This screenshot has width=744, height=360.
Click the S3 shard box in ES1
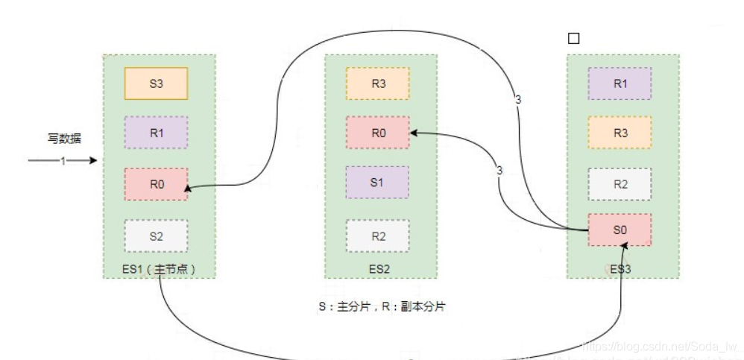point(156,83)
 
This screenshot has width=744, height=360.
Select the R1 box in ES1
point(156,133)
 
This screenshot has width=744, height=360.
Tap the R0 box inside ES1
point(156,184)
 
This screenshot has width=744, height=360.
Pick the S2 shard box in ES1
point(156,236)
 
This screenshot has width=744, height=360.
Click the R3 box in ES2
point(378,83)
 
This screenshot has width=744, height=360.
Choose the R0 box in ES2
point(378,133)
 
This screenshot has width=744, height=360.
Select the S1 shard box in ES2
point(378,182)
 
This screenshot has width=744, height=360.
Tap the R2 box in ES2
point(378,236)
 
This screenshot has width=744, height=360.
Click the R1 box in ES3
point(620,83)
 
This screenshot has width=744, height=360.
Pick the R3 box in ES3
point(620,133)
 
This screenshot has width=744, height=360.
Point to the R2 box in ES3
point(620,184)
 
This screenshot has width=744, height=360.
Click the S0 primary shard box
point(620,230)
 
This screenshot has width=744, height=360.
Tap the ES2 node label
point(378,269)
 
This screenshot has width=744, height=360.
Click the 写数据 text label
point(64,139)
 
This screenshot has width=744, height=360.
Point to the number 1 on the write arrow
point(63,160)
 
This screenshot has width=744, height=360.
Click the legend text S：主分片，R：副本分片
point(381,306)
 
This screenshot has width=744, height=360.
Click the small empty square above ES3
point(573,39)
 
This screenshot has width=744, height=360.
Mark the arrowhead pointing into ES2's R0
point(414,133)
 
